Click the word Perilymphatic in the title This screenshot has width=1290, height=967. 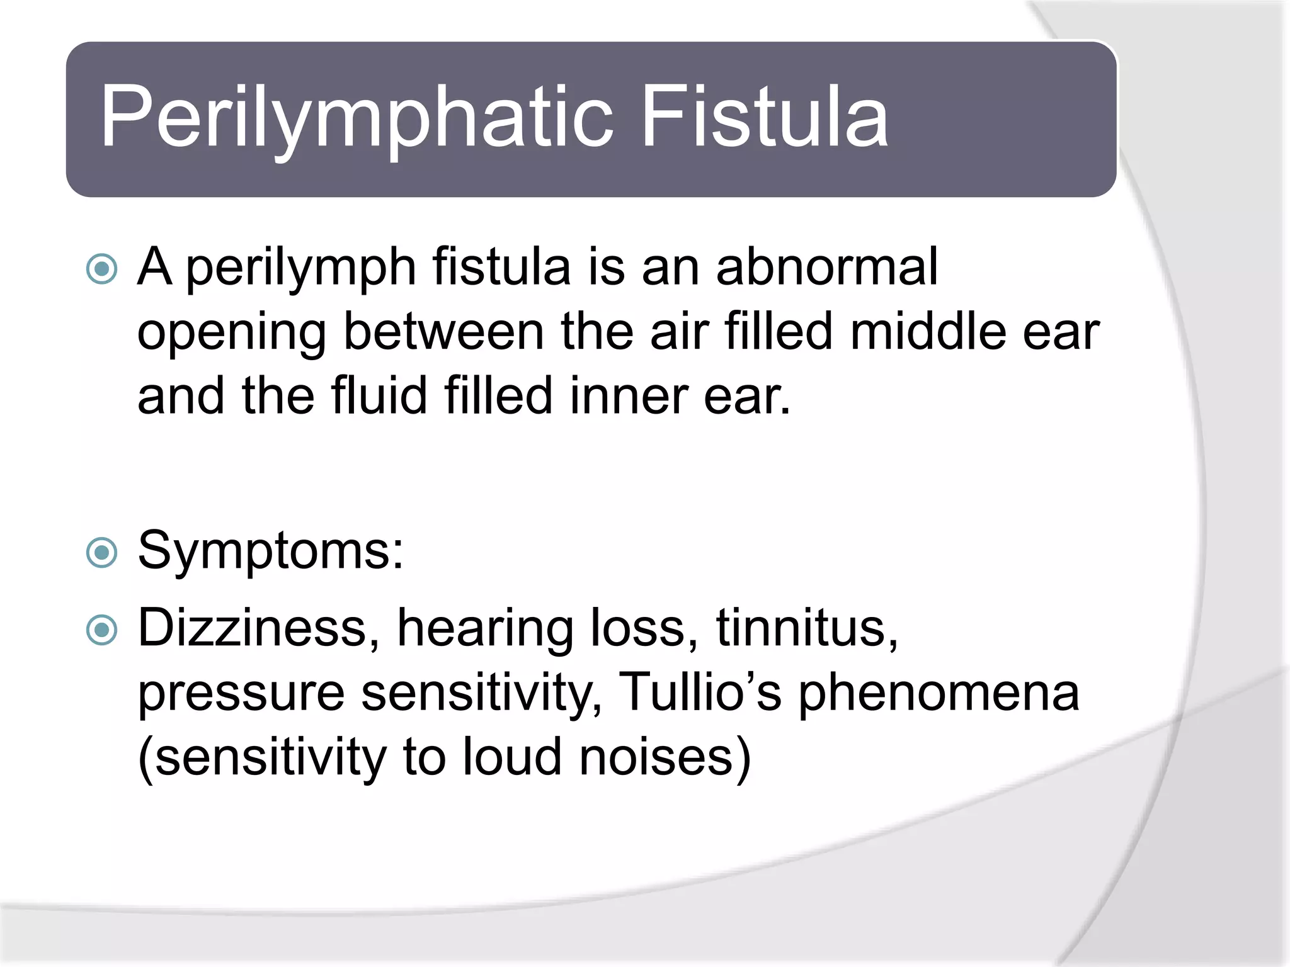(x=357, y=118)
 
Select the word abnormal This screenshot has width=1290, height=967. (x=827, y=267)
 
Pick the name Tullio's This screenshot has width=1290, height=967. (x=700, y=692)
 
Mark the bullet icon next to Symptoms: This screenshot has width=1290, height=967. (x=102, y=553)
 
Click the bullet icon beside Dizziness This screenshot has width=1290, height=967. (x=102, y=630)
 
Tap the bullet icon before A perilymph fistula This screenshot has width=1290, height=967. (x=102, y=269)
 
